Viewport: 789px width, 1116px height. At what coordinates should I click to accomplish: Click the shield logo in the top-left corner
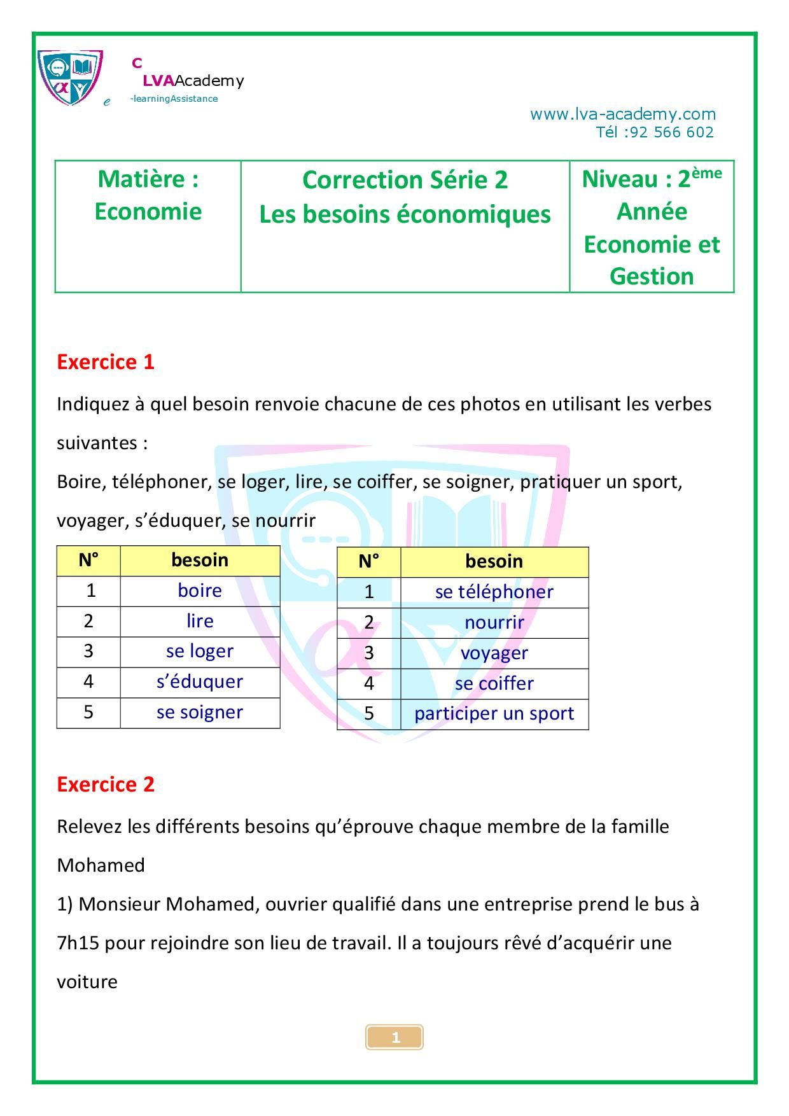pos(70,78)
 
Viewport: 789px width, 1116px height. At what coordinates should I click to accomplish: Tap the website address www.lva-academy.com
pos(622,115)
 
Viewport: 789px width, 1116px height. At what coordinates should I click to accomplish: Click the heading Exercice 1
pos(106,362)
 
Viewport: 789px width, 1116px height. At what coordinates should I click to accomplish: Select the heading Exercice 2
pos(106,785)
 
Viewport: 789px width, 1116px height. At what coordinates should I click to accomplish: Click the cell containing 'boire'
pos(200,591)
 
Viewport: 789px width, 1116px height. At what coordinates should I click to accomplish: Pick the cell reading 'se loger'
pos(200,652)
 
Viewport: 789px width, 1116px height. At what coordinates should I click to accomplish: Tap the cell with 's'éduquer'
pos(200,682)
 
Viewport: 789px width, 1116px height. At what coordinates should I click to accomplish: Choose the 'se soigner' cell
pos(200,713)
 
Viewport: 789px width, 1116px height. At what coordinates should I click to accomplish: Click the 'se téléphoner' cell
pos(494,592)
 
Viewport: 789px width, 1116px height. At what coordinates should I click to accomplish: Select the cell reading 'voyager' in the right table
pos(494,653)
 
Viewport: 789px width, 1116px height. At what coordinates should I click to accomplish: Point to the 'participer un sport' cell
pos(494,714)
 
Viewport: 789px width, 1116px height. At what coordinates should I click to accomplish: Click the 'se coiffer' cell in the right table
pos(494,684)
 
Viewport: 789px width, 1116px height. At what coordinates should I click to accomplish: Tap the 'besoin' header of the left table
pos(200,561)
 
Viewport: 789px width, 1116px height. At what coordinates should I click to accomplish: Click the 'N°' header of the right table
pos(368,562)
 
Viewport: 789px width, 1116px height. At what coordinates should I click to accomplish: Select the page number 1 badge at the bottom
pos(394,1038)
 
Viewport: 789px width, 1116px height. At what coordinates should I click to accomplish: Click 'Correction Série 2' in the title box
pos(405,181)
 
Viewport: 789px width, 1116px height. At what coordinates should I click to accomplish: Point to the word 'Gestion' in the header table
pos(652,277)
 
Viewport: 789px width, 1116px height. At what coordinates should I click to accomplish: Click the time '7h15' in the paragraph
pos(78,943)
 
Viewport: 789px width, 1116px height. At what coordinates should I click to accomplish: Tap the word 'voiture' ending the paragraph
pos(87,982)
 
